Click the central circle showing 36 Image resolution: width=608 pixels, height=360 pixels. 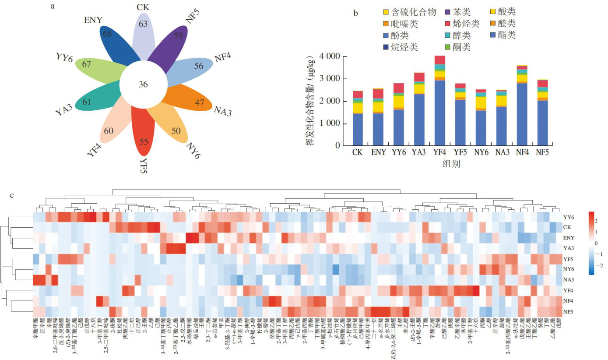tap(143, 84)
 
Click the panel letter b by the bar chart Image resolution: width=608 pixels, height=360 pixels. tap(356, 13)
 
